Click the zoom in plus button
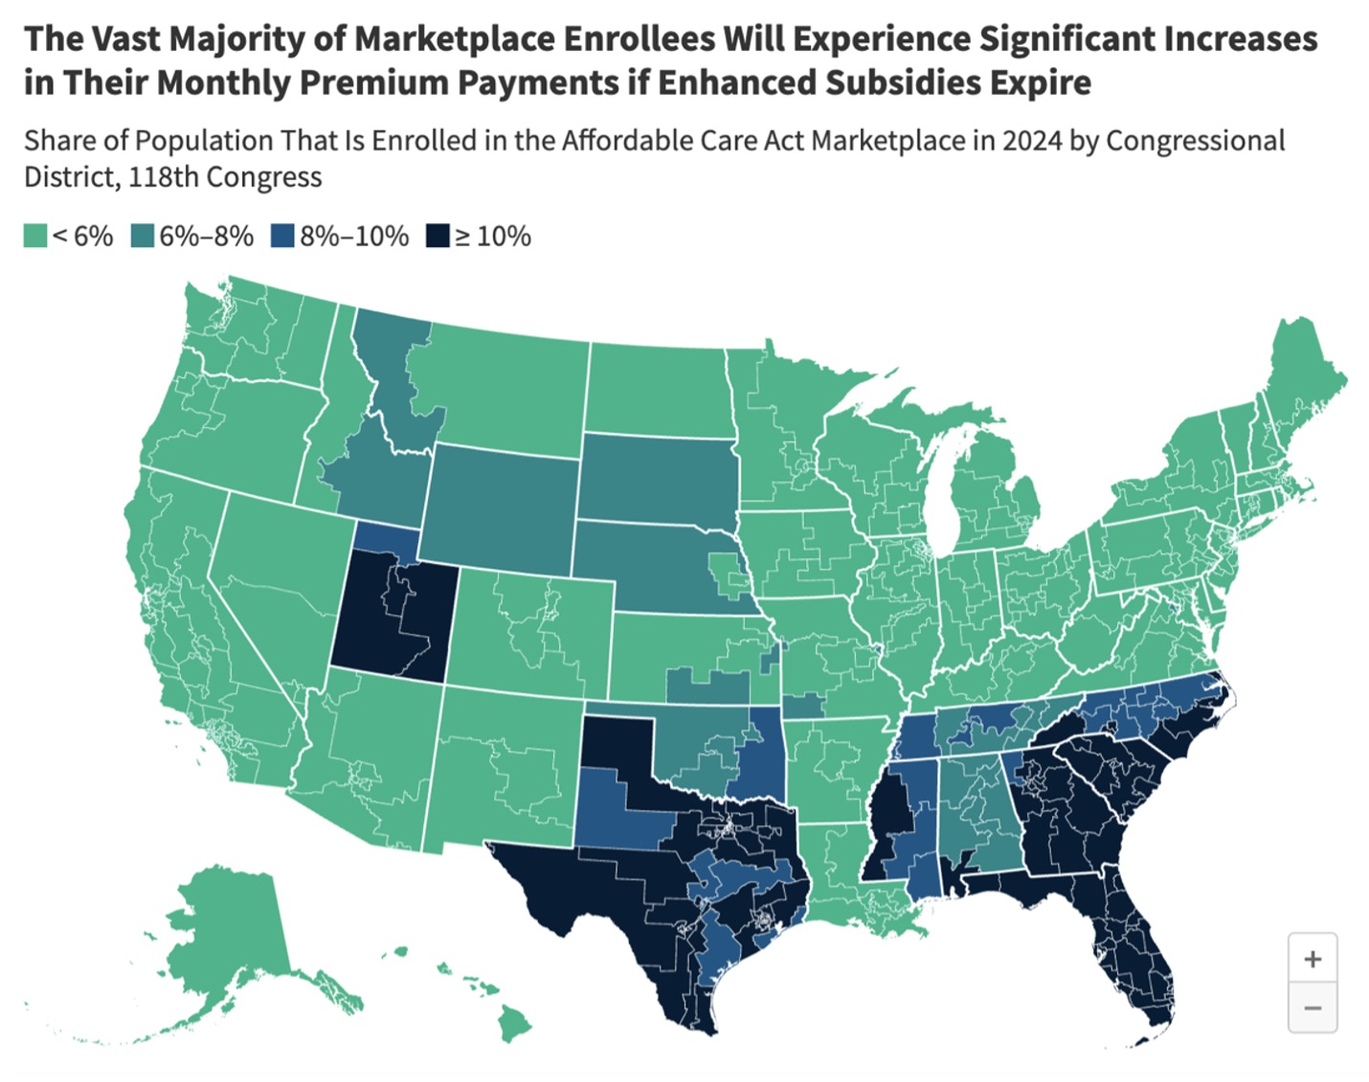click(x=1313, y=958)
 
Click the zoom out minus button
click(x=1313, y=1008)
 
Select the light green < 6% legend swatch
click(x=35, y=237)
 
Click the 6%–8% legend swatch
click(x=143, y=237)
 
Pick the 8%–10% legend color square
click(x=282, y=237)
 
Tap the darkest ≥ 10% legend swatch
click(x=438, y=237)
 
